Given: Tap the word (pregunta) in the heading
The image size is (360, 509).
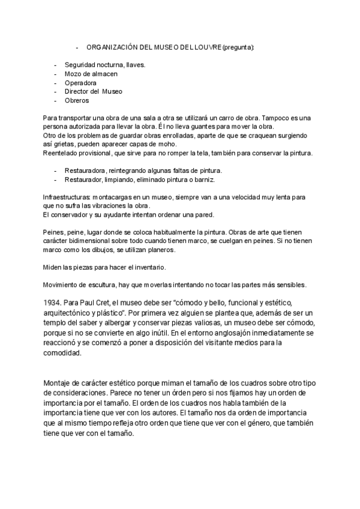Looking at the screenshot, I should (x=238, y=47).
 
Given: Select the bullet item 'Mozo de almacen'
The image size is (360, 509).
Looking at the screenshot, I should (x=91, y=74).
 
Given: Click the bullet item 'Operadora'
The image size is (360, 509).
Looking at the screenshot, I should (x=80, y=83).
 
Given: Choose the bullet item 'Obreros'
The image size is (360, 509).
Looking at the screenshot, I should (x=76, y=101).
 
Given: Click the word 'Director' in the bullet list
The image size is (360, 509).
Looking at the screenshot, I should (x=79, y=92).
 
